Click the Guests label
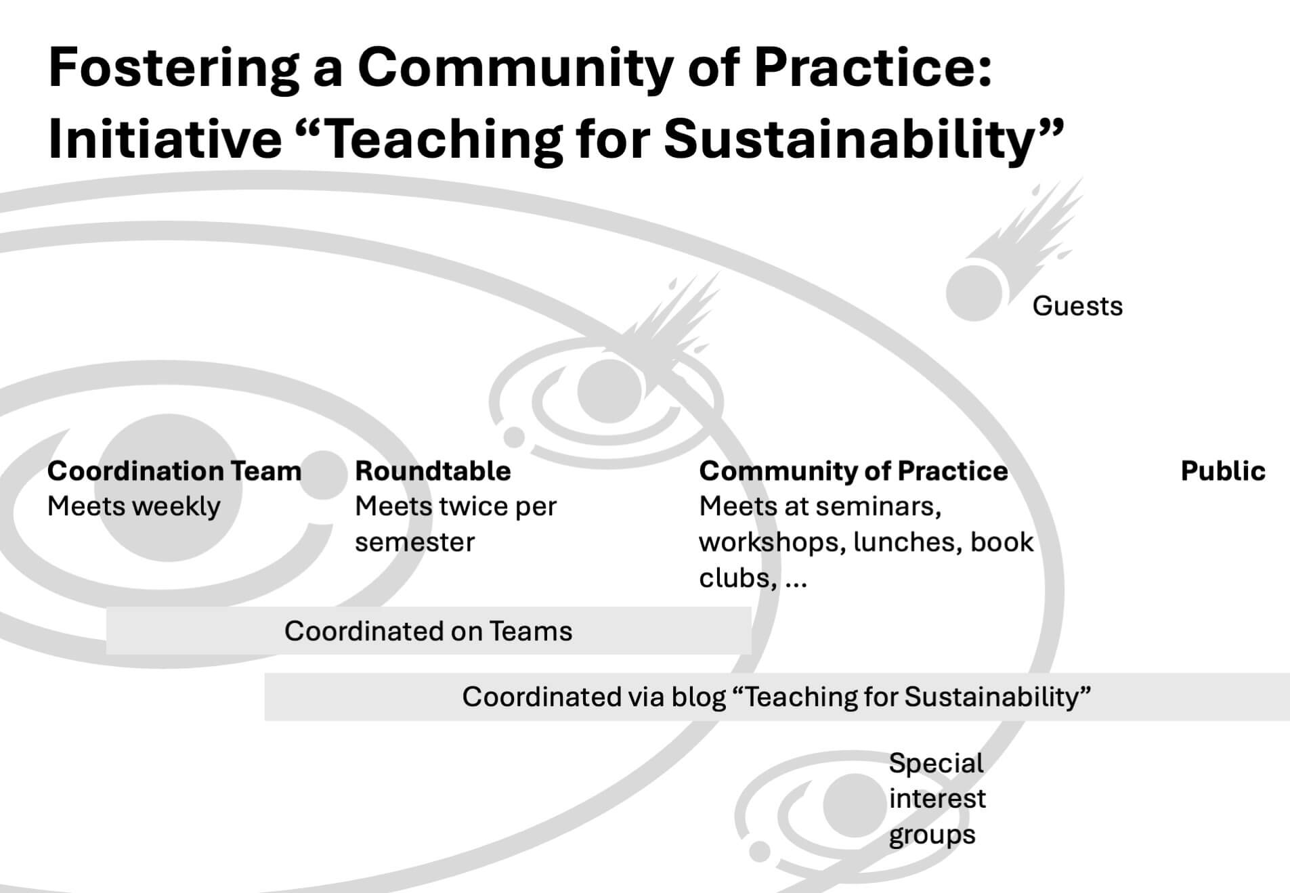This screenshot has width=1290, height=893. [1077, 306]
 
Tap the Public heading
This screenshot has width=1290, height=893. [1223, 471]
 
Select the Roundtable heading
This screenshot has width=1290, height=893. [433, 471]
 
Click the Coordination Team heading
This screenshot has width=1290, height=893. [174, 471]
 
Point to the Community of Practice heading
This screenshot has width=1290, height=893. [853, 471]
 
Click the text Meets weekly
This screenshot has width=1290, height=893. [133, 506]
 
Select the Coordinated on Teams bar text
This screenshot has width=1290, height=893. [428, 631]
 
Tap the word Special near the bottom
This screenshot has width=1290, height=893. [936, 764]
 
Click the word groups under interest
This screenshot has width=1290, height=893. [932, 835]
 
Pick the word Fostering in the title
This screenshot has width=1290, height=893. [173, 68]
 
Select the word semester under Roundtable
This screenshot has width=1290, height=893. [414, 542]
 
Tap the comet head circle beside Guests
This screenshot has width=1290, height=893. [974, 293]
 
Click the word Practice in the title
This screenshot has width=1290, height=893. [874, 68]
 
